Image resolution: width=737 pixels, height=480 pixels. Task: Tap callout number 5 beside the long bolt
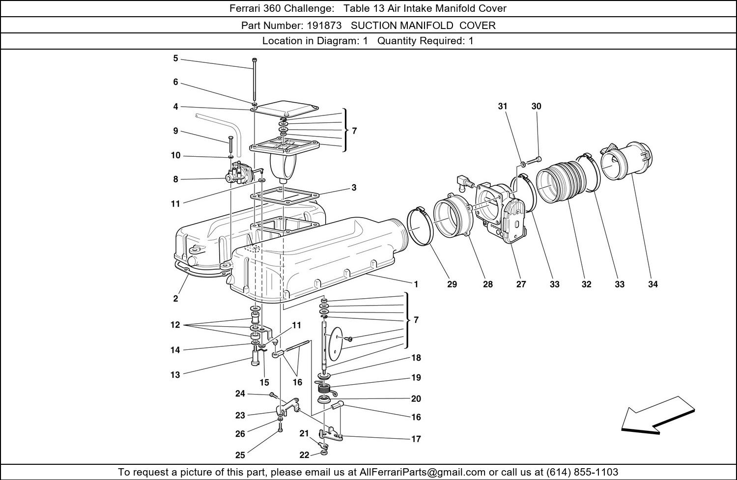click(175, 58)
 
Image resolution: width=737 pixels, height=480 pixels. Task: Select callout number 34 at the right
click(652, 284)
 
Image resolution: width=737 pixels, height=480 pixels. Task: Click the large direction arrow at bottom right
click(657, 415)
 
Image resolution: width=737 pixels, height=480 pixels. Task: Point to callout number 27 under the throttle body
click(521, 284)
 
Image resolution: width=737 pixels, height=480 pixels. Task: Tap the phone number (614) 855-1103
click(582, 472)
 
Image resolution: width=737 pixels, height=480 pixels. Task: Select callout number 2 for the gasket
click(175, 298)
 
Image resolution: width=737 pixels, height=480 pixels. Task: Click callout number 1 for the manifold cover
click(416, 284)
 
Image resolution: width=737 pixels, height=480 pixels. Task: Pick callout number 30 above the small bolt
click(536, 106)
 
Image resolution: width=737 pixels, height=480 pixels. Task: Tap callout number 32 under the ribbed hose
click(587, 284)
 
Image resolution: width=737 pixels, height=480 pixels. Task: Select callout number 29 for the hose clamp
click(452, 284)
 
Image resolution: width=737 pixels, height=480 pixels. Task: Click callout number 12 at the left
click(175, 325)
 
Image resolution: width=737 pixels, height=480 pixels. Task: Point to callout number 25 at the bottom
click(240, 455)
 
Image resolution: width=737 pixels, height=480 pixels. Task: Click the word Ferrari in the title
click(245, 8)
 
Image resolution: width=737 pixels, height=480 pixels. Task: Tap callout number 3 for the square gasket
click(354, 188)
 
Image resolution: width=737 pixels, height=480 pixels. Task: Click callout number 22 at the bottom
click(304, 455)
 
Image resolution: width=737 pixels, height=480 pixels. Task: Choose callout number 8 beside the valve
click(175, 179)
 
